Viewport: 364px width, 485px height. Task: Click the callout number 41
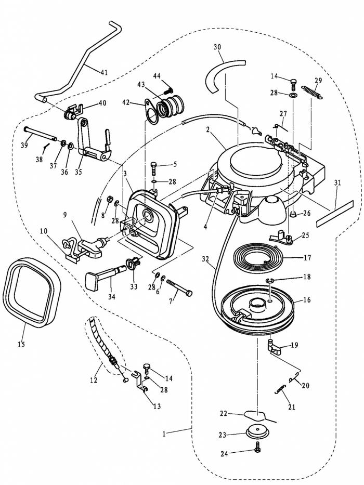(105, 72)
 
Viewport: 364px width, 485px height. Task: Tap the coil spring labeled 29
(312, 92)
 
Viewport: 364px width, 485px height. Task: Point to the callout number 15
(21, 344)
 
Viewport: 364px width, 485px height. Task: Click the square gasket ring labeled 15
(32, 292)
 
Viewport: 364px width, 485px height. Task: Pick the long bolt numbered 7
(179, 287)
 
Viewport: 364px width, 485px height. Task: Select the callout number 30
(217, 47)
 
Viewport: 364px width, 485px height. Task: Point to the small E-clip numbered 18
(269, 281)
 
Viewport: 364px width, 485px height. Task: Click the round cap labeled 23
(257, 431)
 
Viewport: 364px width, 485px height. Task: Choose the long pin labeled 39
(40, 135)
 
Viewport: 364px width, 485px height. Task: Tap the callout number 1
(164, 434)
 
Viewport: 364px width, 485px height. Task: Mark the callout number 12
(94, 380)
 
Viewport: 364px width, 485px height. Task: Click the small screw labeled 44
(168, 90)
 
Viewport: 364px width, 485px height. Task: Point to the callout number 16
(307, 300)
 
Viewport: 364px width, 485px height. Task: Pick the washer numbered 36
(70, 146)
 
